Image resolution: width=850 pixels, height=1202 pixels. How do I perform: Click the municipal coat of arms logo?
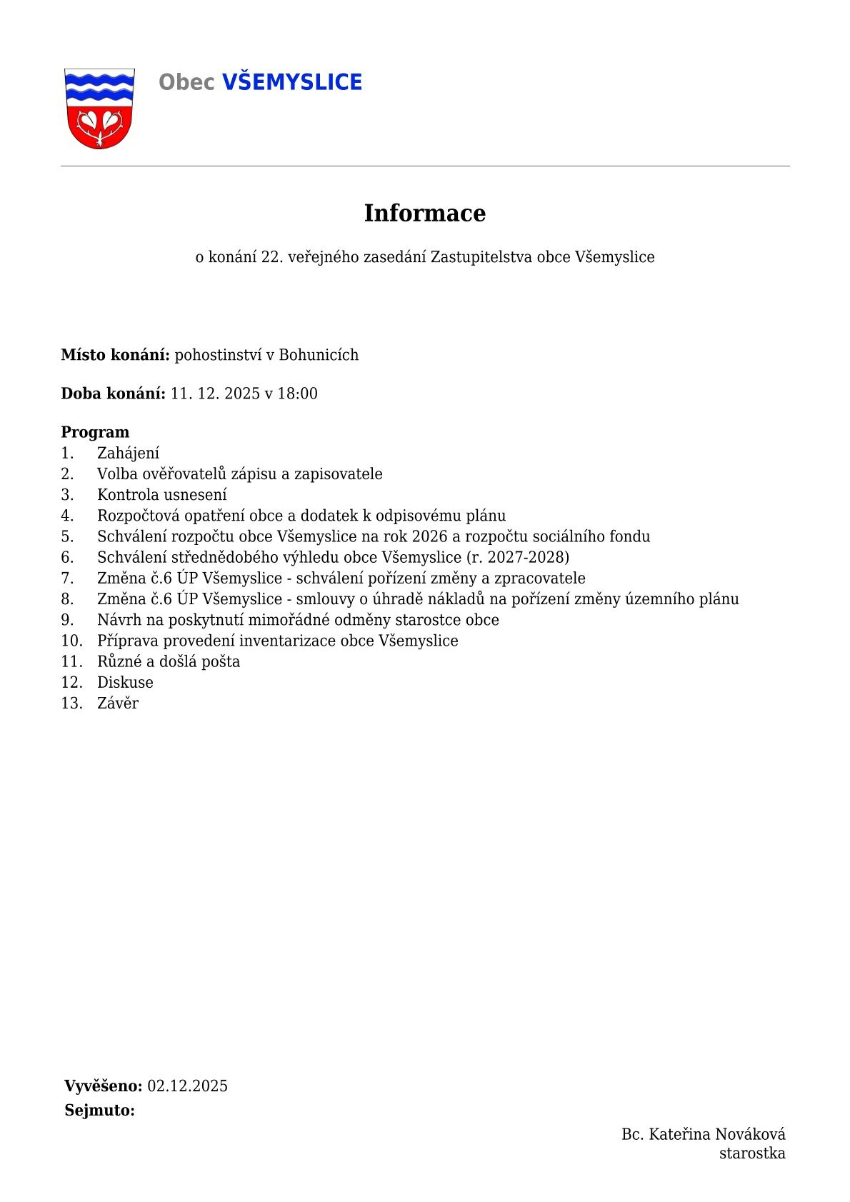pos(99,109)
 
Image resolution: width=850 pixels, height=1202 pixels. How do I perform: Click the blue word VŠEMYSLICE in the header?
pos(292,83)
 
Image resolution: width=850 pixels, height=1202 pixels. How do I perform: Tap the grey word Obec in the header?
pos(186,83)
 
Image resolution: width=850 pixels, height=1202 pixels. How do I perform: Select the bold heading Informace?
pos(424,213)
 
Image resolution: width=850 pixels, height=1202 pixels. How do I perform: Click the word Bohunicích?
pos(319,355)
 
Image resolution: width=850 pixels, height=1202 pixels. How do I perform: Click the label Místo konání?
pos(115,355)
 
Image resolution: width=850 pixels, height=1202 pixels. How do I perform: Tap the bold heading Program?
pos(95,432)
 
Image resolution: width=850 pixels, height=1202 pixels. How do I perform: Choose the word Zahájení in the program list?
pos(129,454)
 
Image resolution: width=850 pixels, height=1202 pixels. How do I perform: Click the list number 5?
pos(67,536)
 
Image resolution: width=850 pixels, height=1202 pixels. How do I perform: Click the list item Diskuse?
pos(125,683)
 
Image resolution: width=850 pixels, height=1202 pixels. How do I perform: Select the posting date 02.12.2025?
pos(187,1086)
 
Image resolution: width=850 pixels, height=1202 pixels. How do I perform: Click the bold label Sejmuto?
pos(100,1111)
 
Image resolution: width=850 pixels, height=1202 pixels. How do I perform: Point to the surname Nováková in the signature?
pos(750,1134)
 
